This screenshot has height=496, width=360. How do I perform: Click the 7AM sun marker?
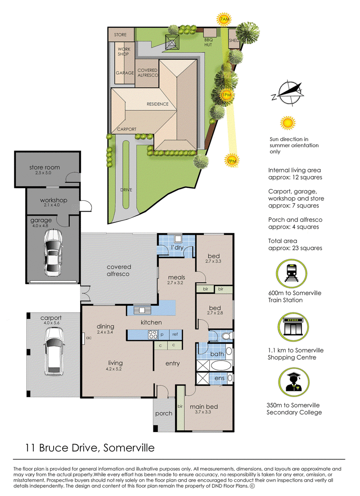click(x=224, y=20)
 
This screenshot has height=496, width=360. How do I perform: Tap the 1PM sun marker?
click(x=226, y=95)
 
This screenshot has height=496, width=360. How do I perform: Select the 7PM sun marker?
click(x=232, y=161)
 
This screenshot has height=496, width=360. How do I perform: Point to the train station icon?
click(x=291, y=274)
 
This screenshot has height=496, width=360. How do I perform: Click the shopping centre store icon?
click(x=293, y=327)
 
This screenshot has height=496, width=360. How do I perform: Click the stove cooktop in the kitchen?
click(x=153, y=334)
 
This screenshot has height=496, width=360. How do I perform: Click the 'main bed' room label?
click(x=204, y=407)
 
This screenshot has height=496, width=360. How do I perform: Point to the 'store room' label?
click(x=45, y=167)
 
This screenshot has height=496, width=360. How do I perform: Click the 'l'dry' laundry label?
click(x=177, y=247)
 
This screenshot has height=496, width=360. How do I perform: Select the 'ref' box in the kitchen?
click(x=175, y=334)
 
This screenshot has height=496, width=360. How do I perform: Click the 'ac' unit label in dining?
click(x=89, y=338)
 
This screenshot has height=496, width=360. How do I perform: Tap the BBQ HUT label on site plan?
click(x=208, y=42)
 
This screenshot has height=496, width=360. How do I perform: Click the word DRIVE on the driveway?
click(x=126, y=190)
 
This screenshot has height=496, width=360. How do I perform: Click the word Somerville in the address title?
click(x=129, y=448)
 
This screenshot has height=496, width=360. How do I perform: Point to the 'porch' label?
click(x=164, y=414)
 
